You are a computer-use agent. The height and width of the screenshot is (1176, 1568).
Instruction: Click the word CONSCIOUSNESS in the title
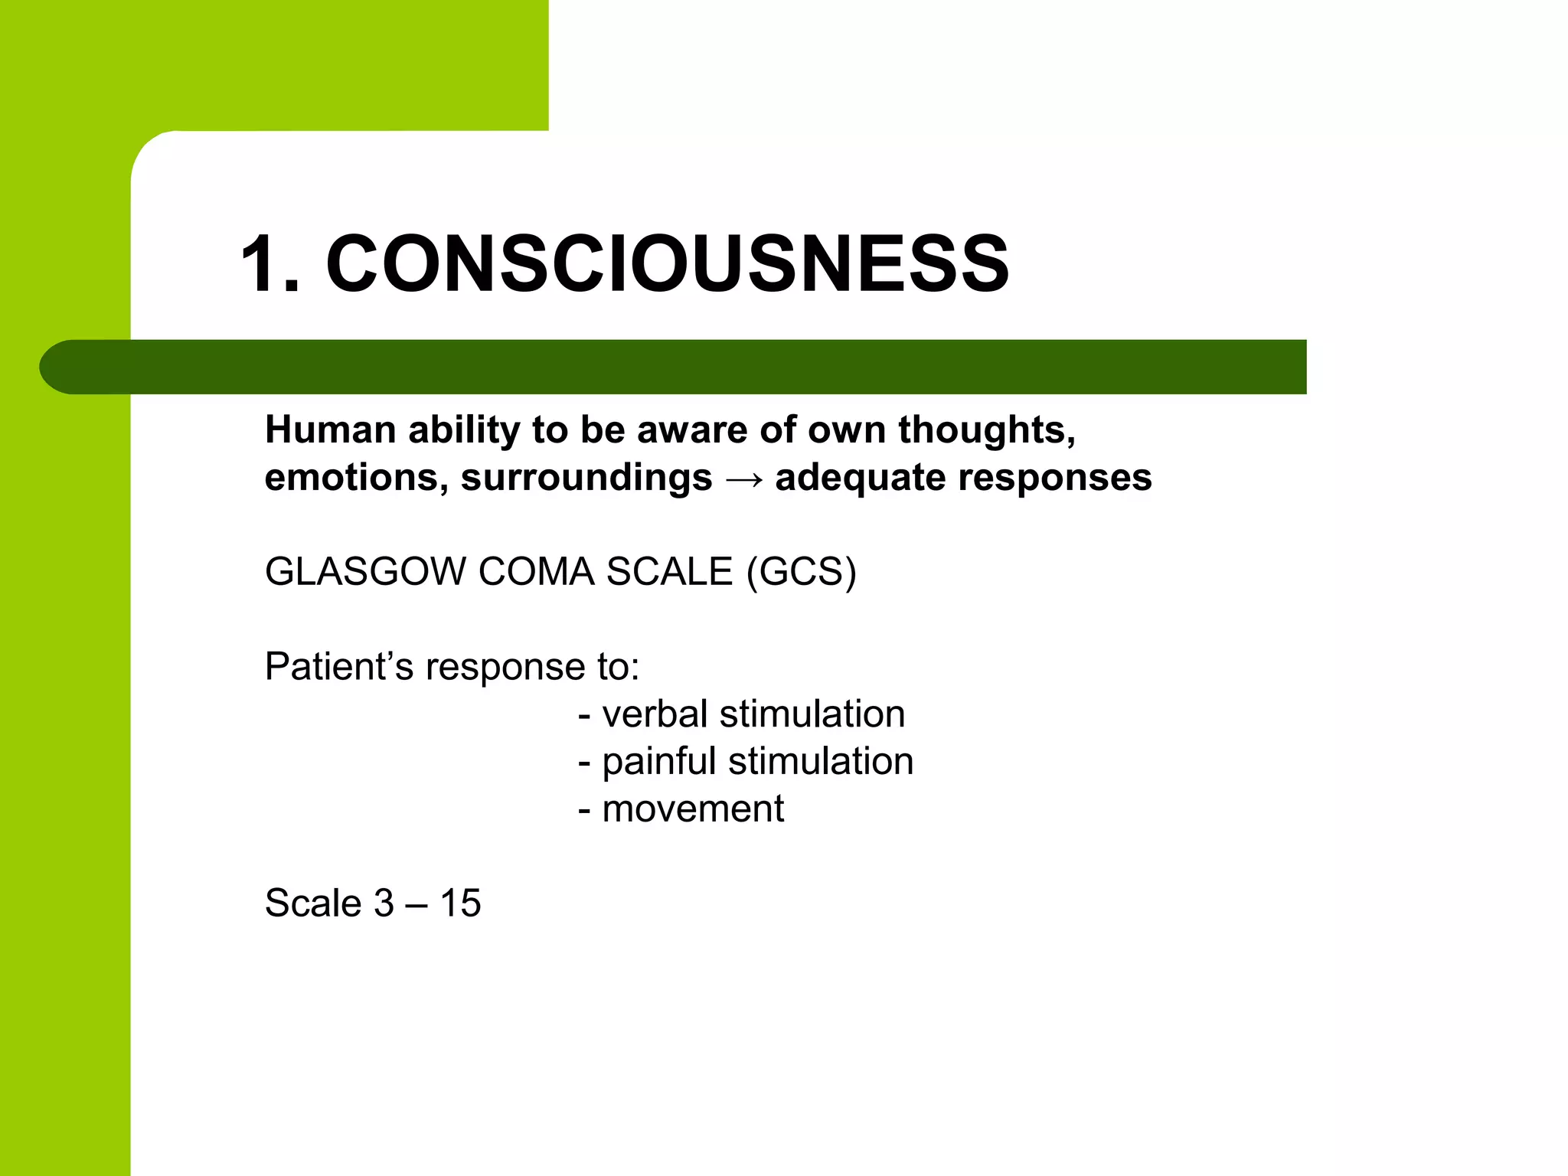tap(667, 264)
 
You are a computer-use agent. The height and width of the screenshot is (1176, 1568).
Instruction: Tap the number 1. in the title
tap(269, 264)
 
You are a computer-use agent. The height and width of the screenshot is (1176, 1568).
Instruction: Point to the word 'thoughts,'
tap(987, 430)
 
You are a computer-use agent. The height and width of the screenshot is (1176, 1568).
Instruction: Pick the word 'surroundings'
tap(586, 478)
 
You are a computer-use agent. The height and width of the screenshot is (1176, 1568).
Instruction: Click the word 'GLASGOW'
tap(365, 572)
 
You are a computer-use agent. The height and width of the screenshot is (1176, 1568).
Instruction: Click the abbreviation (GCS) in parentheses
tap(801, 572)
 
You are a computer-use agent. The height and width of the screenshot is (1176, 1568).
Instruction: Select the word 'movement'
tap(693, 808)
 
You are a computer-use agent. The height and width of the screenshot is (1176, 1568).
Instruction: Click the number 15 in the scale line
tap(460, 903)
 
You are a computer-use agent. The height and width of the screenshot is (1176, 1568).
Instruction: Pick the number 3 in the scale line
tap(384, 903)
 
